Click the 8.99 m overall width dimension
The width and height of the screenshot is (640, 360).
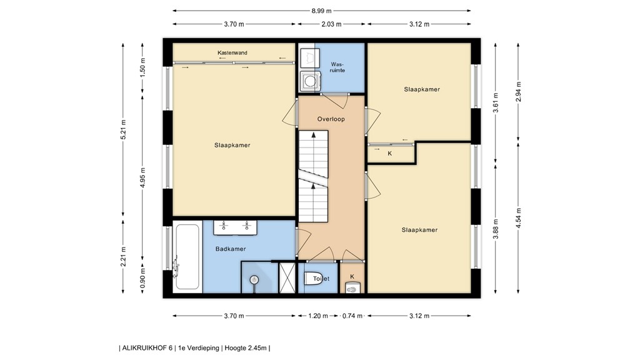click(x=322, y=11)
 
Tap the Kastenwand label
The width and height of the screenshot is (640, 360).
click(x=232, y=52)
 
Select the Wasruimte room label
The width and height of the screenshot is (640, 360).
click(x=338, y=67)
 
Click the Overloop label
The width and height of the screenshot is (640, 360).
click(x=331, y=119)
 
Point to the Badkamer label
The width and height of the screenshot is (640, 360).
click(x=231, y=249)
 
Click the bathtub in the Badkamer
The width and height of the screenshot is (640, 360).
click(x=187, y=257)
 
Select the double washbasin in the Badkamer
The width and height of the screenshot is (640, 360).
click(x=235, y=227)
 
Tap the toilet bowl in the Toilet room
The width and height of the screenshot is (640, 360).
click(x=313, y=278)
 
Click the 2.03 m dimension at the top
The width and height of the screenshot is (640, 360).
click(x=331, y=24)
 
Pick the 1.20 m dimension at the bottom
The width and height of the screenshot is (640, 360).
click(x=318, y=316)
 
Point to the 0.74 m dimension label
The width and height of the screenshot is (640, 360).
click(x=352, y=316)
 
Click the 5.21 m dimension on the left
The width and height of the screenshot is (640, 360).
click(x=123, y=129)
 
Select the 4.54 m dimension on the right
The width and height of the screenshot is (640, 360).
click(x=518, y=218)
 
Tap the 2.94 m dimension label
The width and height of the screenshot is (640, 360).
click(x=518, y=92)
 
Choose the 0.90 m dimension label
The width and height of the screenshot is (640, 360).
click(x=142, y=277)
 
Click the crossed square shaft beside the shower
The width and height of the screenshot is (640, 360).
click(x=287, y=277)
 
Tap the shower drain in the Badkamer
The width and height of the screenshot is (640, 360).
click(x=255, y=279)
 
